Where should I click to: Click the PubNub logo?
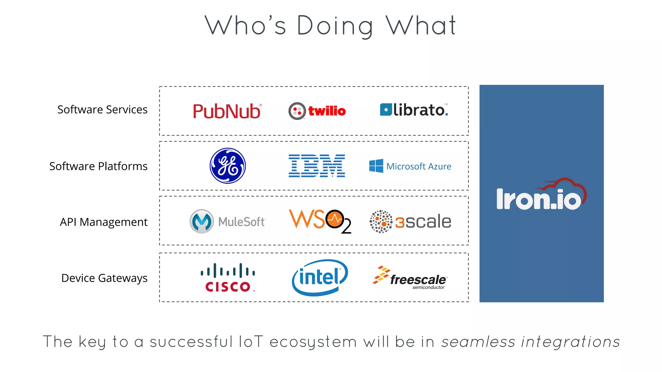[x=227, y=111]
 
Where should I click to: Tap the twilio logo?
[x=317, y=111]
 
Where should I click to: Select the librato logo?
[x=414, y=110]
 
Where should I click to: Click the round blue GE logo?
[x=228, y=166]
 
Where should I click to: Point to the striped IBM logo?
[x=316, y=166]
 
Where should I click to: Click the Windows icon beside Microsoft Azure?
[x=376, y=166]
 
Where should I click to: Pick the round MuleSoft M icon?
[x=201, y=222]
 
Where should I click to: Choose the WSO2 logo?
[x=320, y=221]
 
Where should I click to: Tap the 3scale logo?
[x=410, y=222]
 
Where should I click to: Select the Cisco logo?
[x=228, y=278]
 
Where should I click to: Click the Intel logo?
[x=319, y=278]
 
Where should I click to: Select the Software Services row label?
[x=102, y=110]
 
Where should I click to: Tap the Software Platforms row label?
[x=98, y=166]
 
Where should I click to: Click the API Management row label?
[x=103, y=222]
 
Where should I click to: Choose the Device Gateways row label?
[x=104, y=278]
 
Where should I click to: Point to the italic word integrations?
[x=571, y=342]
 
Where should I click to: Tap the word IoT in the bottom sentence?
[x=251, y=342]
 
